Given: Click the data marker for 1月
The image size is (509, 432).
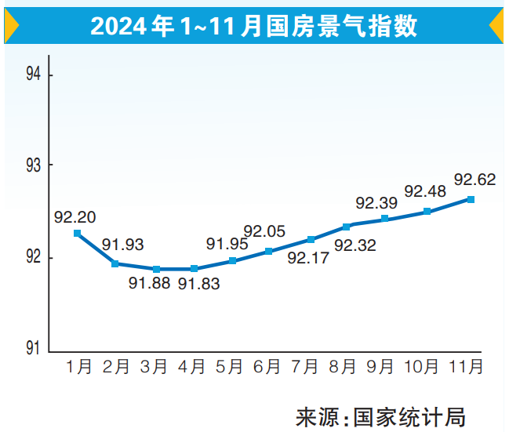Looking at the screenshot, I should (x=77, y=233).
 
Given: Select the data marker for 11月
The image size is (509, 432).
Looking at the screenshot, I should (x=471, y=199).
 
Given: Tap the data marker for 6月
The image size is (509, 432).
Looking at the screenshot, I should (x=268, y=252).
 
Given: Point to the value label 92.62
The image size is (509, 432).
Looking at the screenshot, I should (x=474, y=180).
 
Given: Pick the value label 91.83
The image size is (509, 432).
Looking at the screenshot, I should (x=198, y=284).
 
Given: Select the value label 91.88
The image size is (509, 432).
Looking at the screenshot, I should (x=150, y=284).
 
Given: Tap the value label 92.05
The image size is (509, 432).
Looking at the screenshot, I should (x=264, y=231).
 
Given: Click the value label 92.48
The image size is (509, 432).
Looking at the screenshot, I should (x=425, y=191).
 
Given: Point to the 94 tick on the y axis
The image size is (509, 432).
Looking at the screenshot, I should (x=33, y=74).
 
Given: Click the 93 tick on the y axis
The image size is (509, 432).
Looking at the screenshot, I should (x=33, y=166).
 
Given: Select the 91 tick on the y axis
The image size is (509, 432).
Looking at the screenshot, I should (x=33, y=348).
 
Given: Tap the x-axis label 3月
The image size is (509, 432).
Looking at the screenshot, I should (x=153, y=365).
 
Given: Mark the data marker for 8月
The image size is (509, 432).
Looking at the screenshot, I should (x=347, y=227).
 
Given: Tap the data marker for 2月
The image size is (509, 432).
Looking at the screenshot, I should (x=115, y=263).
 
